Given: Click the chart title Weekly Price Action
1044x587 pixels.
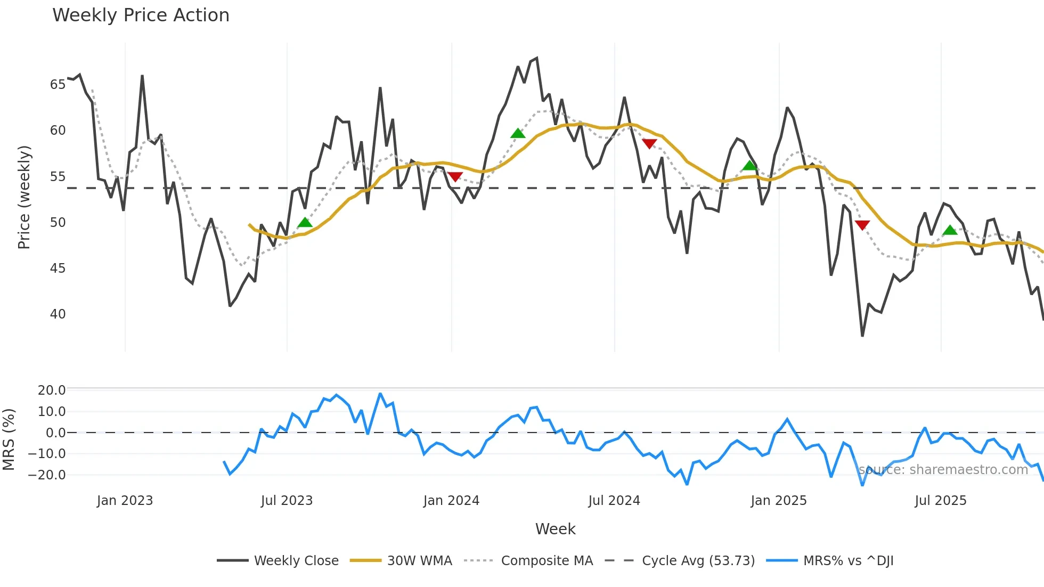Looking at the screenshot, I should pyautogui.click(x=141, y=15).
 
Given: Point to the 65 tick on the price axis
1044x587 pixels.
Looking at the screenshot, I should pyautogui.click(x=58, y=85).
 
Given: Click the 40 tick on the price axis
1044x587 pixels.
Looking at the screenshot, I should pyautogui.click(x=58, y=314).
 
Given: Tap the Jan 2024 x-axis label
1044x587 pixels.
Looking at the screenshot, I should pyautogui.click(x=451, y=501).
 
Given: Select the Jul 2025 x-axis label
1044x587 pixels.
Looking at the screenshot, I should pyautogui.click(x=940, y=501).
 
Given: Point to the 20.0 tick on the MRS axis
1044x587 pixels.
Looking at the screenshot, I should pyautogui.click(x=51, y=390).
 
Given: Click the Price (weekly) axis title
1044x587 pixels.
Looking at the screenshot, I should pyautogui.click(x=24, y=197).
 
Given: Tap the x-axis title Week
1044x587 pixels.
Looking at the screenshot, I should pyautogui.click(x=555, y=529).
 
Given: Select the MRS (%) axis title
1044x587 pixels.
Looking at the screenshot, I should pyautogui.click(x=9, y=439).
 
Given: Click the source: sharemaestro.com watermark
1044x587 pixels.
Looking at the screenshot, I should pyautogui.click(x=943, y=470).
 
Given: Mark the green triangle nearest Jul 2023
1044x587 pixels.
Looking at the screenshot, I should pyautogui.click(x=305, y=223).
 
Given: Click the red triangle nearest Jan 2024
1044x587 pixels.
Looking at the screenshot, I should pyautogui.click(x=455, y=177).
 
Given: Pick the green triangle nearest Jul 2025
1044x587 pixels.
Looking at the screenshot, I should pyautogui.click(x=950, y=231).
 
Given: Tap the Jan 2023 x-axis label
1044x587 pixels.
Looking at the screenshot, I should pyautogui.click(x=125, y=501).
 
